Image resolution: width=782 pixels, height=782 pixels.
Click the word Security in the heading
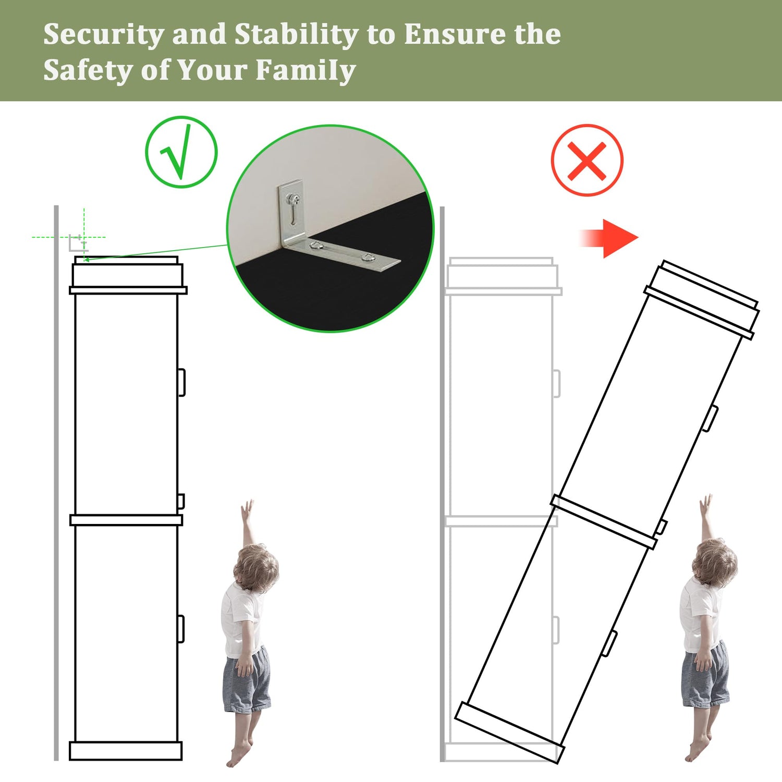pyautogui.click(x=104, y=35)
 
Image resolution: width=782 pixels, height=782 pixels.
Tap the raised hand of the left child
pyautogui.click(x=247, y=508)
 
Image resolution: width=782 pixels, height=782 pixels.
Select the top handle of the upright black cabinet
pyautogui.click(x=182, y=383)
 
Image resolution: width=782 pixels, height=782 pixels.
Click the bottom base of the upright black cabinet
pyautogui.click(x=126, y=751)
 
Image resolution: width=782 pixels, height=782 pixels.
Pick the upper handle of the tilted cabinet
pyautogui.click(x=710, y=419)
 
